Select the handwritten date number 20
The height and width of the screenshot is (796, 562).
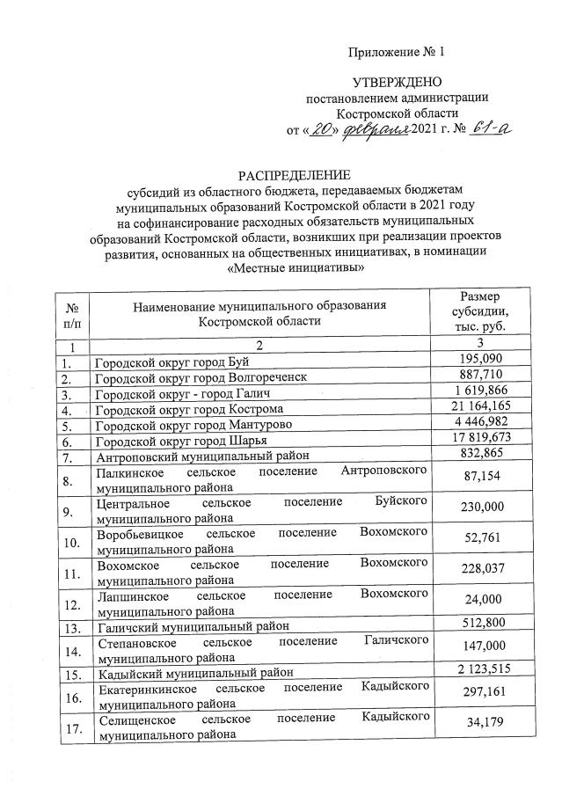point(325,130)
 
